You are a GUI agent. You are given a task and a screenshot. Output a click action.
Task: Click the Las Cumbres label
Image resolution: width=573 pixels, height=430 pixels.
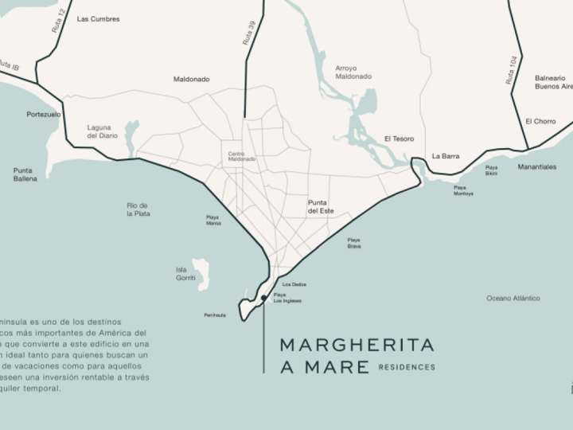click(98, 18)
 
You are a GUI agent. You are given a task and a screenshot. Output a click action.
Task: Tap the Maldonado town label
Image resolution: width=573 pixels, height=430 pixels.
click(191, 80)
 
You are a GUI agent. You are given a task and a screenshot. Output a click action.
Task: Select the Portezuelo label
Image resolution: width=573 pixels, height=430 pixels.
click(43, 114)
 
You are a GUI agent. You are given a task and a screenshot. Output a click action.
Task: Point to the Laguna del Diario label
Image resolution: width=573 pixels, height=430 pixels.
click(99, 131)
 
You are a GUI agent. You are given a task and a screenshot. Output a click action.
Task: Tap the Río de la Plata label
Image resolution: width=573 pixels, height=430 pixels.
click(138, 209)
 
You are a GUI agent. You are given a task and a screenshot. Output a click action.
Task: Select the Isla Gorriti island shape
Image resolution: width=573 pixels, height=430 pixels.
click(200, 273)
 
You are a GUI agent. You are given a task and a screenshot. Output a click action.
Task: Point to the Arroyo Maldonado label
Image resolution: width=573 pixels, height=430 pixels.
click(353, 72)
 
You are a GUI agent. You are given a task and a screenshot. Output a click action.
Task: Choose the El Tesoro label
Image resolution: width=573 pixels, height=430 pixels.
click(399, 139)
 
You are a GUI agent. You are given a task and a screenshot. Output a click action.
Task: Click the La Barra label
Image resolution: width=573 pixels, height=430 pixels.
click(446, 156)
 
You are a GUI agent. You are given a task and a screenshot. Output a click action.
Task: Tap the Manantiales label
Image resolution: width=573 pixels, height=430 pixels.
click(537, 166)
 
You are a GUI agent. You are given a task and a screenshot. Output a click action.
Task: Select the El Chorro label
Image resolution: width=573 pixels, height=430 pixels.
click(540, 121)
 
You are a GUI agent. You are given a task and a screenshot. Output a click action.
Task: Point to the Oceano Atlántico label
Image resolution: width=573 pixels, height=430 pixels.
click(513, 299)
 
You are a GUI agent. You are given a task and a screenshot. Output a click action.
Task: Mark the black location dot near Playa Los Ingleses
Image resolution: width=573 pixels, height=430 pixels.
click(263, 299)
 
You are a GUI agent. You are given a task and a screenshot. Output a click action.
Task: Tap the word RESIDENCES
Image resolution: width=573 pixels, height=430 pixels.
click(407, 368)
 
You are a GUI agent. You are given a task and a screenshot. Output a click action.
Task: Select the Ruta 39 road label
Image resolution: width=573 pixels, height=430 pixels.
click(249, 33)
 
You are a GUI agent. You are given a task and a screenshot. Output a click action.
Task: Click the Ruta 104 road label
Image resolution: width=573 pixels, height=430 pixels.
click(510, 69)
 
